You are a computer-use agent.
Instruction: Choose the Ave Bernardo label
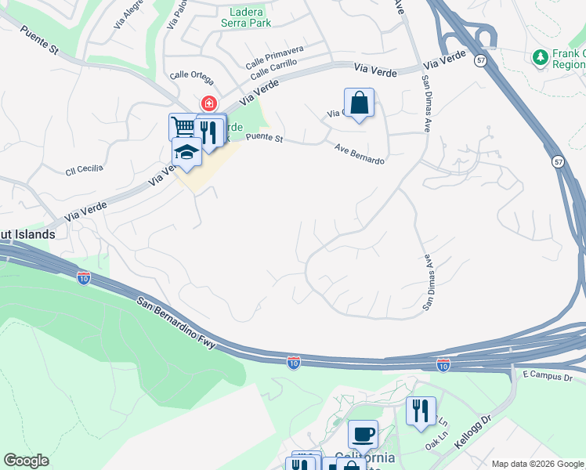pos(360,154)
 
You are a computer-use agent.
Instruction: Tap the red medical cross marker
pos(209,103)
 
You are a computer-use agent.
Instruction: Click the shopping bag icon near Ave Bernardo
pos(359,103)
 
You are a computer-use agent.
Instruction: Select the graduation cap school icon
pos(187,154)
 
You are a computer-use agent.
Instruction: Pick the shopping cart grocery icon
pos(183,127)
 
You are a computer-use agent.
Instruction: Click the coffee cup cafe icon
pos(362,434)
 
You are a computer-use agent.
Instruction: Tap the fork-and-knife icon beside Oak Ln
pos(421,410)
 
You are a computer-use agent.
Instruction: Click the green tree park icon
pos(539,57)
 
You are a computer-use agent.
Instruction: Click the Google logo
pos(26,461)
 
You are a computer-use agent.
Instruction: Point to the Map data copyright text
pos(537,464)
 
